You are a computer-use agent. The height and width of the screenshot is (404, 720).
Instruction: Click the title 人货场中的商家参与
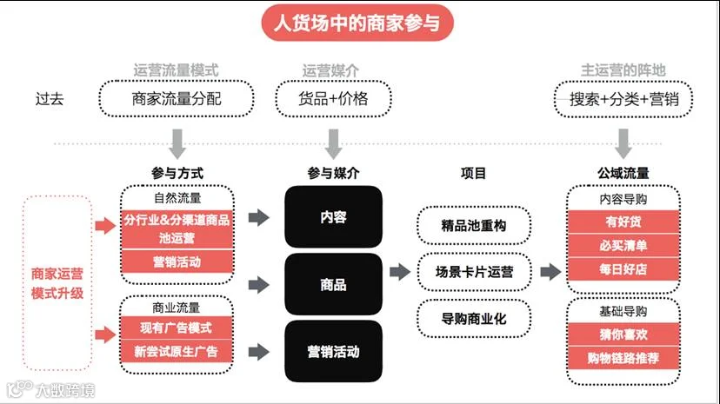[357, 23]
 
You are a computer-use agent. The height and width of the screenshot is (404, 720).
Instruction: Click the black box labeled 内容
[333, 217]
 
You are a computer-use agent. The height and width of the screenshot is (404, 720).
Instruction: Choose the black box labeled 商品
[333, 284]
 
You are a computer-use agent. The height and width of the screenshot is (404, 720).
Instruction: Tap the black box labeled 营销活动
[333, 352]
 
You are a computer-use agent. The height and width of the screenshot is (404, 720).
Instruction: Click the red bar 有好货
[623, 222]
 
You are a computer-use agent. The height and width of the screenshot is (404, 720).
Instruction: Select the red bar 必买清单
[623, 246]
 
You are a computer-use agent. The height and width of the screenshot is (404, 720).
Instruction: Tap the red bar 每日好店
[623, 269]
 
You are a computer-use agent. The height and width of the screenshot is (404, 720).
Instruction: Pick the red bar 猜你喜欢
[623, 334]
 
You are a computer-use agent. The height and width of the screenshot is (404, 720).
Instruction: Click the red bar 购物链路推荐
[623, 358]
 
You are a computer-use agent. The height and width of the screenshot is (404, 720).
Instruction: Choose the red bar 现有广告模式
[177, 328]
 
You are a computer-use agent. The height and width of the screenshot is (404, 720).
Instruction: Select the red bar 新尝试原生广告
[177, 351]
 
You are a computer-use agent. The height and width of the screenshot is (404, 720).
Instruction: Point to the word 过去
[50, 98]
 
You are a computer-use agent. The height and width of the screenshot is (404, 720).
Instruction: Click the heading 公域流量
[623, 174]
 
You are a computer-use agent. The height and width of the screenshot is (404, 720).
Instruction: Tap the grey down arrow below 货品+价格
[333, 144]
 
